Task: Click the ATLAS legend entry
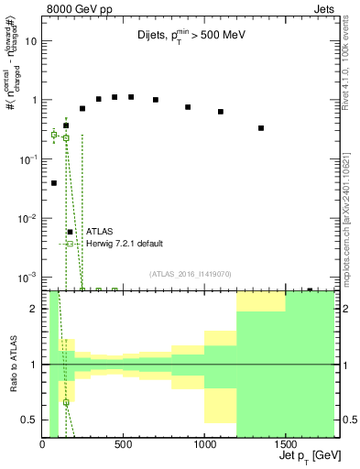tap(99, 232)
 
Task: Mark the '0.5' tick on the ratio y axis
tap(31, 420)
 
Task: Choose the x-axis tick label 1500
tap(286, 445)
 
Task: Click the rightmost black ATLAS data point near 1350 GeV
tap(261, 128)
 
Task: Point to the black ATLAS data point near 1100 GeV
tap(221, 112)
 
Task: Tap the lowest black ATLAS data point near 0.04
tap(54, 183)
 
